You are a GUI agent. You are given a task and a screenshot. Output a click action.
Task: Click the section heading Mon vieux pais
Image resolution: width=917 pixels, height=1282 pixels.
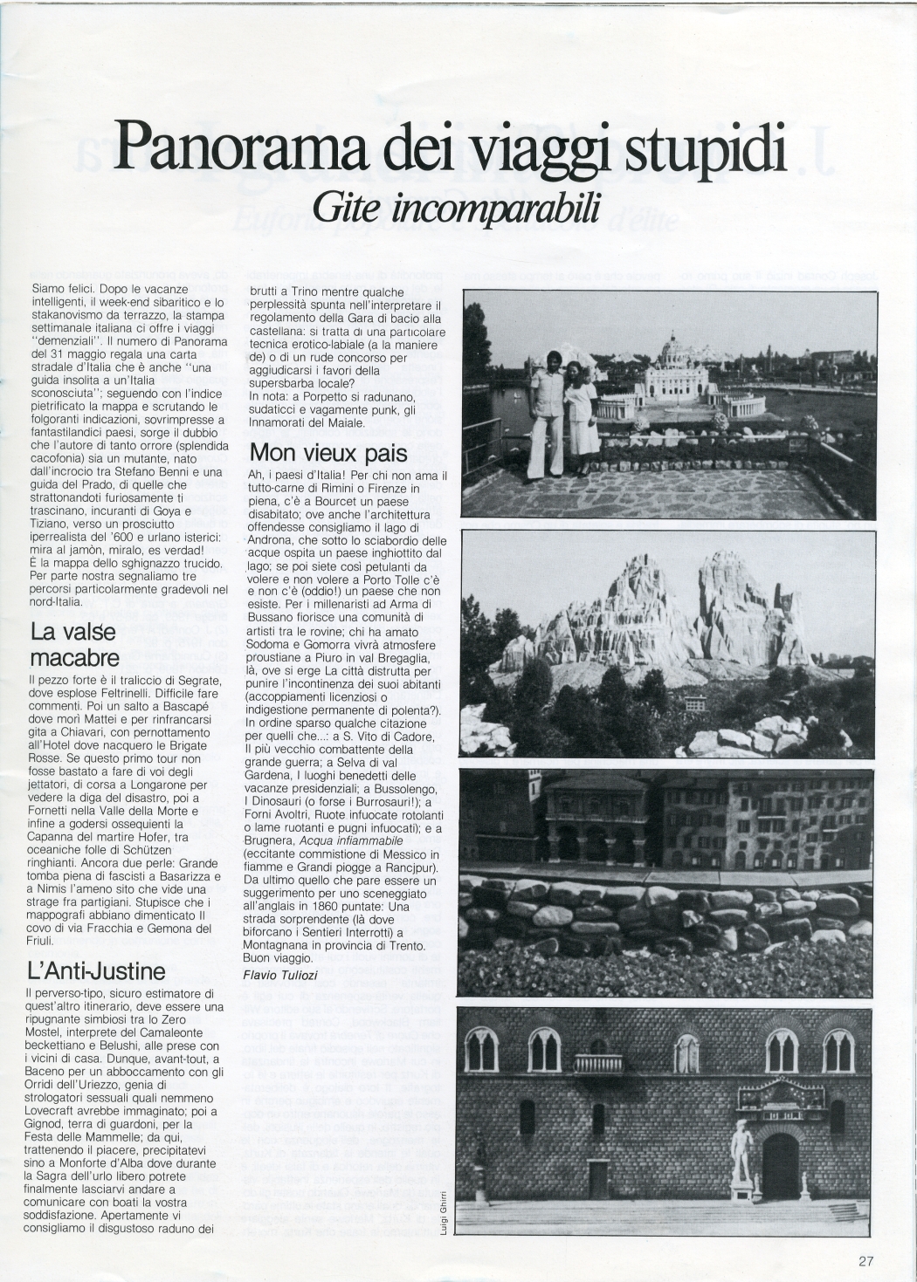pyautogui.click(x=328, y=453)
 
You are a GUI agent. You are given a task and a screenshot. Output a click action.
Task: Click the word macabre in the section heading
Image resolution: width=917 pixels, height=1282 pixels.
pyautogui.click(x=75, y=655)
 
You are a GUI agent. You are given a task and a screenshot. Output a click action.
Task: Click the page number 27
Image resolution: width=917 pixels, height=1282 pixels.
pyautogui.click(x=865, y=1259)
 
